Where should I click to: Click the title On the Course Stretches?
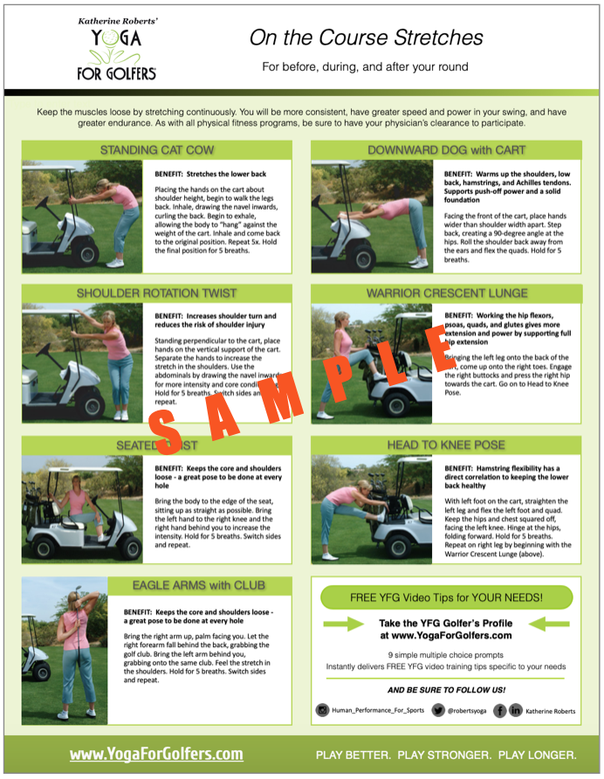pos(366,38)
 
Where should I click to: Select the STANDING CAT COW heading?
pos(155,150)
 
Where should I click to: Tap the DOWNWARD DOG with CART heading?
pos(446,150)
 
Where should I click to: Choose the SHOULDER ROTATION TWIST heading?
pos(155,293)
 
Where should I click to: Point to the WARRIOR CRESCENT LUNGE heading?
pos(446,293)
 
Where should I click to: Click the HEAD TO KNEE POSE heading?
pos(446,445)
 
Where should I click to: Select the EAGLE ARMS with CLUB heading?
pos(199,584)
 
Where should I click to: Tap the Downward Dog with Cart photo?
pos(371,215)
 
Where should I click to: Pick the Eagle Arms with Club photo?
pos(64,650)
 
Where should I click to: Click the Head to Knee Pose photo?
pos(371,507)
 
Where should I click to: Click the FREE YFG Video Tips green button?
pos(446,597)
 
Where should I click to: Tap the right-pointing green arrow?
pos(342,624)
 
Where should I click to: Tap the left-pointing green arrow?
pos(551,624)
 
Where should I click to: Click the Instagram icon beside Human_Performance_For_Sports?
pos(322,711)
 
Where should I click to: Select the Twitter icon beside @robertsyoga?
pos(438,711)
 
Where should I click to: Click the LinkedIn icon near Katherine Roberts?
pos(515,711)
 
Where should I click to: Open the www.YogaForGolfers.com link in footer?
pos(156,754)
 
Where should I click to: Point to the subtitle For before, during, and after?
pos(366,66)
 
